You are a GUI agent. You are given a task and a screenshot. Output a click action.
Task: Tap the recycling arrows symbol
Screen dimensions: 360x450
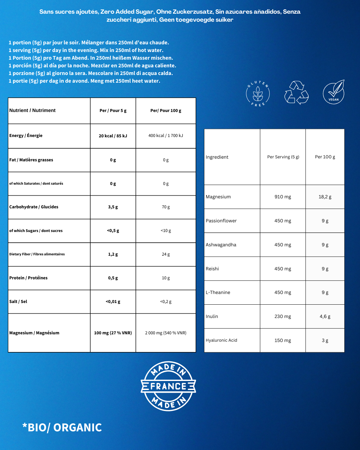[x=296, y=93]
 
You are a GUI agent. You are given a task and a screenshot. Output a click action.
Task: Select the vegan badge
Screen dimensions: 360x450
[x=334, y=92]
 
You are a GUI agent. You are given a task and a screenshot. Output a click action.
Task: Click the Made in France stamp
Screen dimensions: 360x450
[x=168, y=386]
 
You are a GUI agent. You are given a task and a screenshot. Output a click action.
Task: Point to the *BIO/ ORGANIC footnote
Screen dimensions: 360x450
[x=62, y=427]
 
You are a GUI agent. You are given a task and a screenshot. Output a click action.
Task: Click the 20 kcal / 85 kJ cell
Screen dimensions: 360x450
[x=113, y=136]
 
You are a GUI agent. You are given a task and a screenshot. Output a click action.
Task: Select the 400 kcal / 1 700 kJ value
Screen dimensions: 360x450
[x=166, y=136]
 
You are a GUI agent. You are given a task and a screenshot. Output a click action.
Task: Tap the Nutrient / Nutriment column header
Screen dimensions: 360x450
[x=32, y=110]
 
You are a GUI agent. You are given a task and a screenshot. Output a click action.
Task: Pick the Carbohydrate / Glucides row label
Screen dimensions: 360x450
[x=34, y=207]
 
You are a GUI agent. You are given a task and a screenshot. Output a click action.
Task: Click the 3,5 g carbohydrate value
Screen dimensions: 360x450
[x=113, y=207]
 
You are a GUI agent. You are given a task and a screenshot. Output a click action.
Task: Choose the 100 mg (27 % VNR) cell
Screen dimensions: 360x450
[x=113, y=333]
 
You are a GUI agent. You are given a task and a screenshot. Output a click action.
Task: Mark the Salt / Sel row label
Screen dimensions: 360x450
[x=18, y=301]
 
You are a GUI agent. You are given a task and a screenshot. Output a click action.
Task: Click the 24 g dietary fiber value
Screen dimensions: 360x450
[x=166, y=254]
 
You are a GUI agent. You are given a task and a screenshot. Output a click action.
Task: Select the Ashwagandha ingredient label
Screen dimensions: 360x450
[x=221, y=245]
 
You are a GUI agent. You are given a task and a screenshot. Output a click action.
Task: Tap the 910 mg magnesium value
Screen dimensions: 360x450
[x=283, y=197]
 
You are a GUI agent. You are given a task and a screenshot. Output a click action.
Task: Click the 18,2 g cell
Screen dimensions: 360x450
[x=325, y=197]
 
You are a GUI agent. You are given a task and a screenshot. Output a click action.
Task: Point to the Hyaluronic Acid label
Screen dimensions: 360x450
[x=221, y=340]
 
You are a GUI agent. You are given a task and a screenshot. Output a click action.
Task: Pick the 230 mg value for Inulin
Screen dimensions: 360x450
[x=283, y=316]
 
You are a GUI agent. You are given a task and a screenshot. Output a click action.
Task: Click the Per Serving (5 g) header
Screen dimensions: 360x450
[x=283, y=157]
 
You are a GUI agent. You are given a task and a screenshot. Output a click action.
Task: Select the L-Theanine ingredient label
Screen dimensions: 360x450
[x=218, y=292]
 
